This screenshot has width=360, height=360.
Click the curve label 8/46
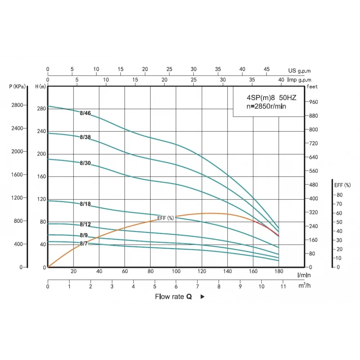(x=85, y=113)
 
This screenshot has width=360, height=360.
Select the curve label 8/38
(x=85, y=137)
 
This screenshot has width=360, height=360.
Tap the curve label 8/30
(x=85, y=163)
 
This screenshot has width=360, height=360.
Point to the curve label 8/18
(x=85, y=204)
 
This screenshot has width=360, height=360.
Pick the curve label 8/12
(x=85, y=225)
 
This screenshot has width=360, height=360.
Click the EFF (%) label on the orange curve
(x=166, y=218)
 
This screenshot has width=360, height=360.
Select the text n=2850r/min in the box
(x=266, y=106)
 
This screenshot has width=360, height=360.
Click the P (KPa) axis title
(x=17, y=86)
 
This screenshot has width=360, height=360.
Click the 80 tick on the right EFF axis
(x=339, y=195)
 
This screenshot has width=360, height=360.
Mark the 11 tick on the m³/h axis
(x=283, y=287)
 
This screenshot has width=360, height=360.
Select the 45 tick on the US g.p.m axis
(x=266, y=69)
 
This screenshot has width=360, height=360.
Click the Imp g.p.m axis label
(x=300, y=80)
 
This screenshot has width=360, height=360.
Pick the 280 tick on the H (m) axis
(x=41, y=108)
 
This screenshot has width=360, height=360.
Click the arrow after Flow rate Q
(x=202, y=297)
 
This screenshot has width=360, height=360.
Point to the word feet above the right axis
(x=312, y=87)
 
